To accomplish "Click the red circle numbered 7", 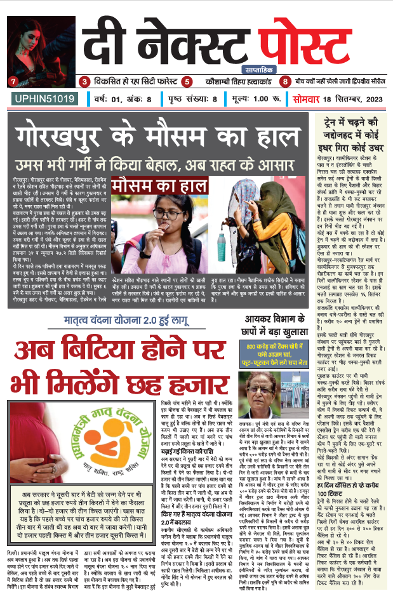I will point(12,81).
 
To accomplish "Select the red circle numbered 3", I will point(84,81).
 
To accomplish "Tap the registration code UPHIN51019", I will point(40,100).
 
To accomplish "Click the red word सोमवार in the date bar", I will point(307,100).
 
